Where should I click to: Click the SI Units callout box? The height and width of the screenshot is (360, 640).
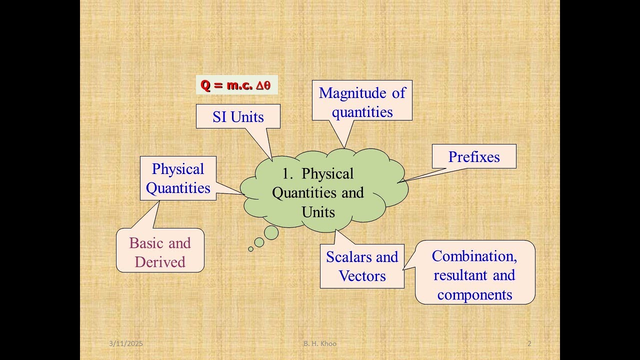(238, 116)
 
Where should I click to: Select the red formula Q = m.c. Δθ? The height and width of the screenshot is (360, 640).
(235, 85)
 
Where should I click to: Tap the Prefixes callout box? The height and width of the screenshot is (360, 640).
(473, 156)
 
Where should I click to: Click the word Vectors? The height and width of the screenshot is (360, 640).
(362, 276)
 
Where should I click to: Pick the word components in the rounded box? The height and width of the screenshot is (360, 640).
(474, 294)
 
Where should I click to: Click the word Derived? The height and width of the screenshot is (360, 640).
(160, 262)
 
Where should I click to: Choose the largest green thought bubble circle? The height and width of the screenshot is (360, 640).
(271, 232)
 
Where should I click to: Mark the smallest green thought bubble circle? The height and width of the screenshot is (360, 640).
(251, 249)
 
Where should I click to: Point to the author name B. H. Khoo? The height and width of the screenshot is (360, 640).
(319, 343)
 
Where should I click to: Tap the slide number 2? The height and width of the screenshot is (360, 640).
(529, 343)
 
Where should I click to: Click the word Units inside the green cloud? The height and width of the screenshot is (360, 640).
(318, 212)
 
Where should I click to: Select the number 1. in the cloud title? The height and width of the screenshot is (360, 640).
(287, 174)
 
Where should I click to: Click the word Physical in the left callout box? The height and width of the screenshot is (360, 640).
(178, 169)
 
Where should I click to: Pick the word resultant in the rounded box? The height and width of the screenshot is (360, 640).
(460, 275)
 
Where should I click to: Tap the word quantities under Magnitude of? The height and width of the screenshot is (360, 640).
(362, 112)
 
